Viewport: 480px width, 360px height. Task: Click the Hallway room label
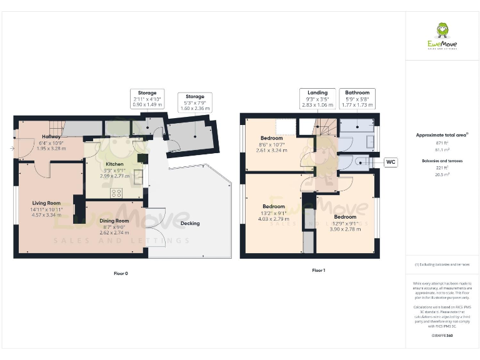coord(51,136)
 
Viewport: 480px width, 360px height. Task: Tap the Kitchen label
coord(96,163)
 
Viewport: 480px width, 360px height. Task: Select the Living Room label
coord(46,202)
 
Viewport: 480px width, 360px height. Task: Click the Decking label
coord(190,223)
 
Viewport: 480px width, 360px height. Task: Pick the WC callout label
coord(391,162)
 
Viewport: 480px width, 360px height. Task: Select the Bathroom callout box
coord(357,99)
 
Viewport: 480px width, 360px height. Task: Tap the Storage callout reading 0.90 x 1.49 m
coord(147,99)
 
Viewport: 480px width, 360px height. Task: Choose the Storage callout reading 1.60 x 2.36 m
coord(195,102)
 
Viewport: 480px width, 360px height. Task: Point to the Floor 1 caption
coord(318,271)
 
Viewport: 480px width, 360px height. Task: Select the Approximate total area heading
coord(442,134)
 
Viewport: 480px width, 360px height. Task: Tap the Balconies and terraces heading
coord(442,161)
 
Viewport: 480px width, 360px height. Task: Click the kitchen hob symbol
coord(116,193)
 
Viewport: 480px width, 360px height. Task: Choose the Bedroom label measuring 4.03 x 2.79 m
coord(274,206)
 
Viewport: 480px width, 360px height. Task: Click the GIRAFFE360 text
coord(442,336)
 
